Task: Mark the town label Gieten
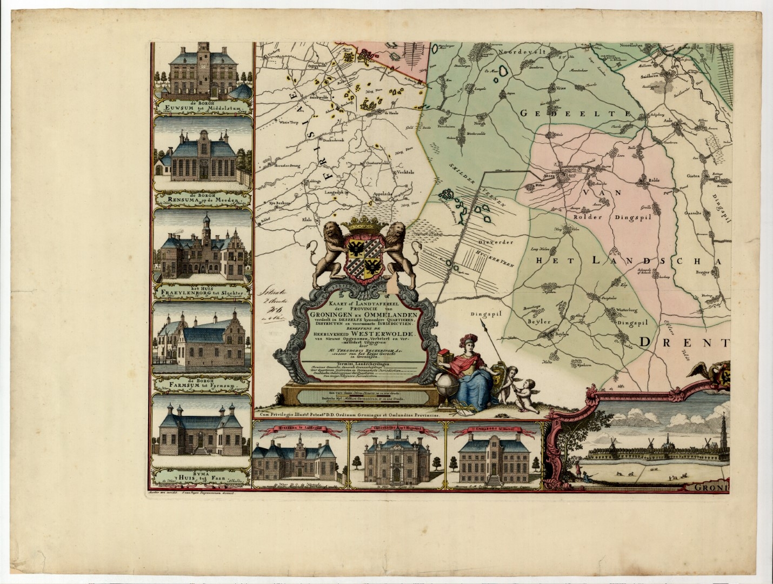pyautogui.click(x=694, y=176)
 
